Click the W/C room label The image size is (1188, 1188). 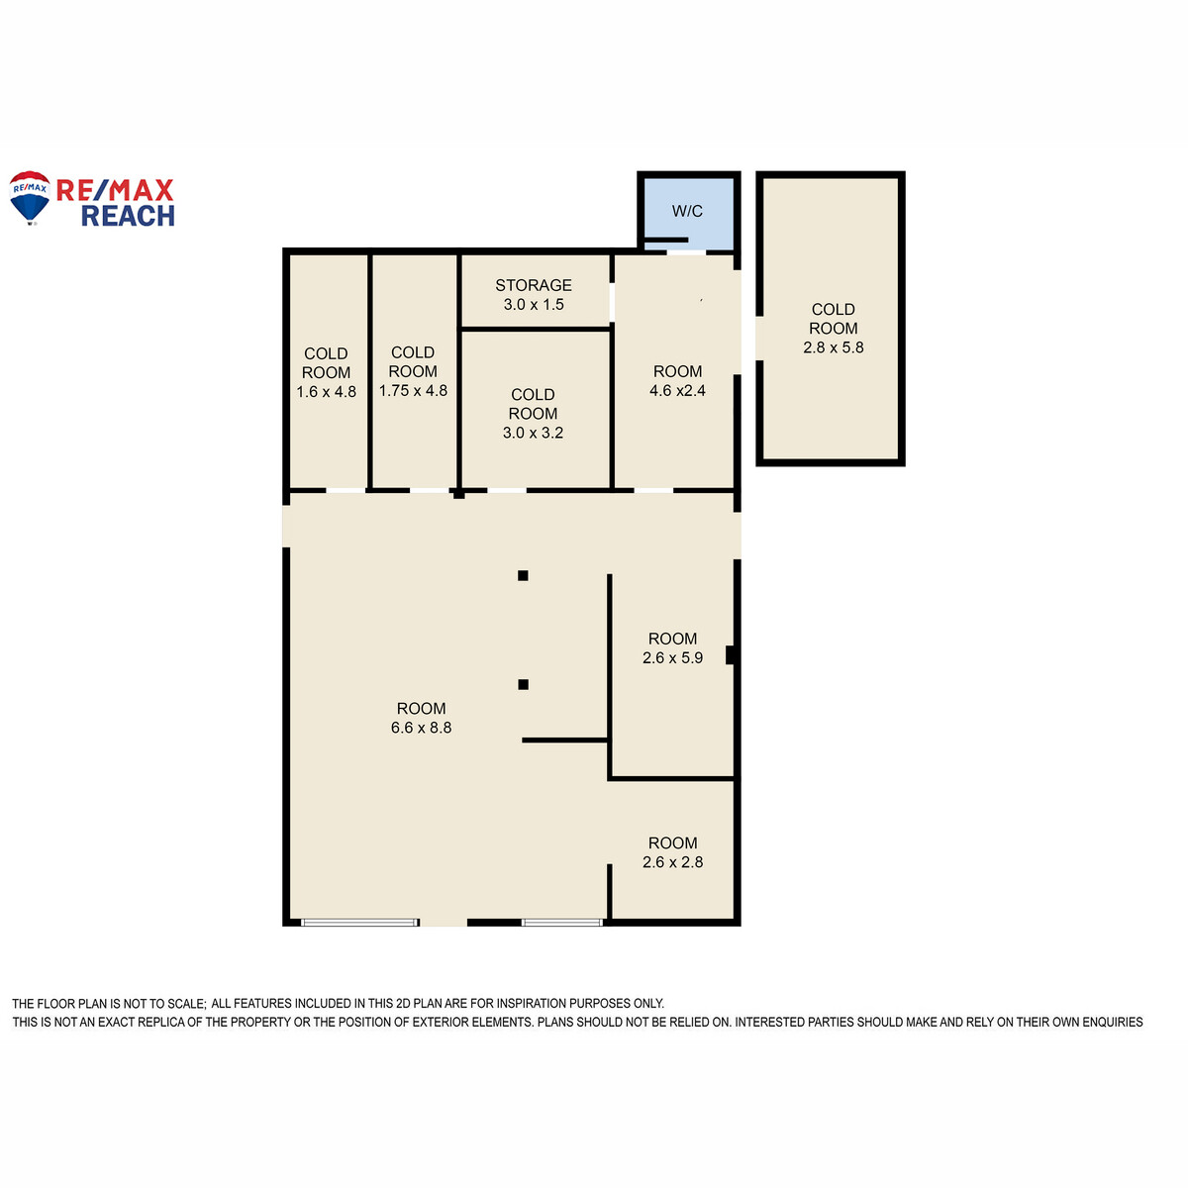(x=687, y=212)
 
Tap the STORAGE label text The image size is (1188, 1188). (x=534, y=285)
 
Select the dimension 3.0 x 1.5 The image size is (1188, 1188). (x=534, y=305)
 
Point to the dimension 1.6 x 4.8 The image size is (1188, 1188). (x=326, y=392)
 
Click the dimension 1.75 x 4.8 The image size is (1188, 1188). (x=413, y=391)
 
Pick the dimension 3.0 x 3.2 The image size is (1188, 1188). (x=533, y=433)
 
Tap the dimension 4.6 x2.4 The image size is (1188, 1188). (x=677, y=391)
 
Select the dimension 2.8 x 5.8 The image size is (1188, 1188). (x=833, y=347)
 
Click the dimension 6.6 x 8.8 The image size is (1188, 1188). (x=421, y=728)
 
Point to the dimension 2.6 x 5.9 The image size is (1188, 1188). (x=672, y=657)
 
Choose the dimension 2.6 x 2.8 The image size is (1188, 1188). (x=672, y=862)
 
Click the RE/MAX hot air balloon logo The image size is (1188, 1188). (x=30, y=197)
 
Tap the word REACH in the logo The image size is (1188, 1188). (x=129, y=217)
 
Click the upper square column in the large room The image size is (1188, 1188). (x=523, y=576)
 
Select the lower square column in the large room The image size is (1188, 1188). (x=523, y=684)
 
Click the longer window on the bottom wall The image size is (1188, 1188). (x=360, y=923)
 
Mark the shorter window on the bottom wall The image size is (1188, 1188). (x=561, y=923)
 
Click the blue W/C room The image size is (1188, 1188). (x=689, y=213)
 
